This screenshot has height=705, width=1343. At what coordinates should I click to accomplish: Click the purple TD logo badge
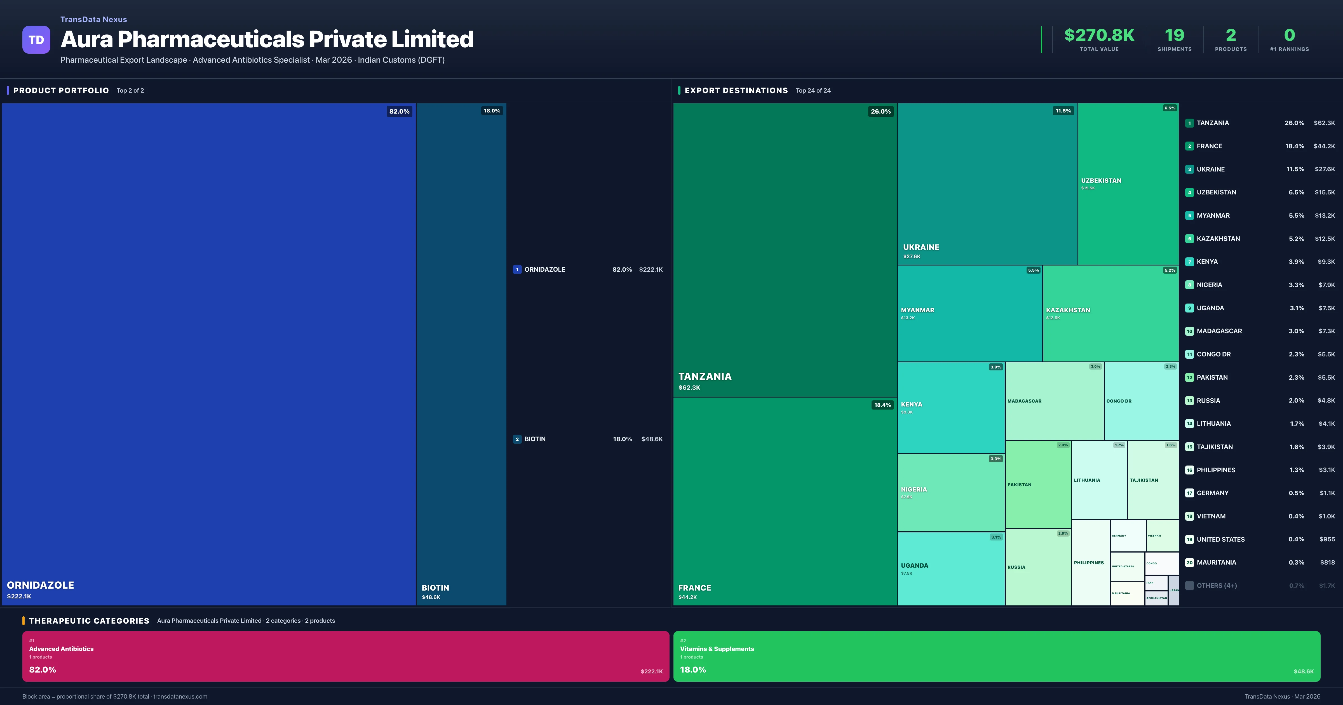click(36, 40)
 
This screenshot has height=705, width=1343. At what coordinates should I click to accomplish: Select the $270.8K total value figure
click(1099, 35)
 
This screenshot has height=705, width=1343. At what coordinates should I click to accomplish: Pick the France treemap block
click(785, 500)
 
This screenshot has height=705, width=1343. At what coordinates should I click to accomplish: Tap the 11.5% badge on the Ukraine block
click(1063, 111)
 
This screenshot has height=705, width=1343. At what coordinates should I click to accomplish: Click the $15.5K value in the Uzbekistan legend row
click(1324, 192)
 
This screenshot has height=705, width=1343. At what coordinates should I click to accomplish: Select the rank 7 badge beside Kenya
click(1189, 262)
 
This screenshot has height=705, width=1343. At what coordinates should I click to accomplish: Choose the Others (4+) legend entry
click(1216, 586)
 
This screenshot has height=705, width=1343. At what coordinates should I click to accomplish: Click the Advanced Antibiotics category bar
click(345, 656)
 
